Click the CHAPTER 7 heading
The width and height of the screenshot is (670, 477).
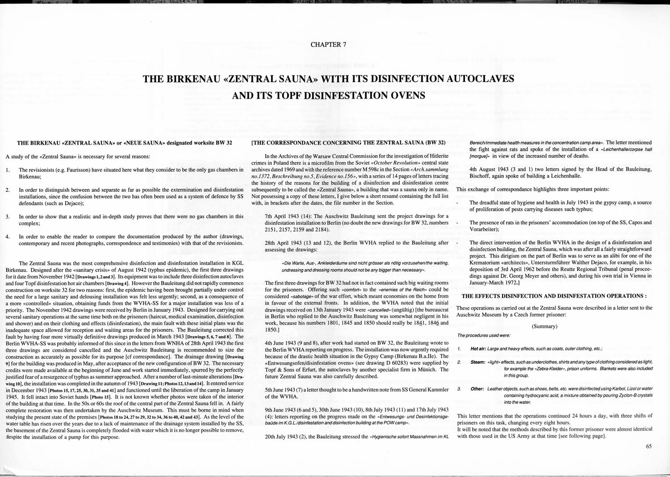coord(328,45)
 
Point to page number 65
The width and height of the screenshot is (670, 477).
coord(649,446)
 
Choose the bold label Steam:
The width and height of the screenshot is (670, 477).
coord(477,362)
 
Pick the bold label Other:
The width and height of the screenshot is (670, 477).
coord(477,389)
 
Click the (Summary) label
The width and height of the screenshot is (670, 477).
coord(544,326)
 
